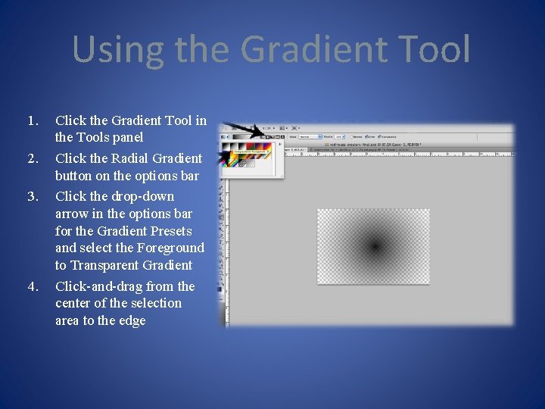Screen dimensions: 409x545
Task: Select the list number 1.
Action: tap(32, 120)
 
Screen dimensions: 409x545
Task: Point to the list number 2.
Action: tap(32, 158)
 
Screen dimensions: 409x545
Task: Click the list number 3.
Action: tap(32, 196)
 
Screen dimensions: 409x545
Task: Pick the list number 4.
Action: tap(32, 286)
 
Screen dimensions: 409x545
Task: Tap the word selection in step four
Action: tap(155, 303)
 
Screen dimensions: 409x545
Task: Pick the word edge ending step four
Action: tap(132, 320)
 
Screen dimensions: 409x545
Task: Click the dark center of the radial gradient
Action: tap(374, 245)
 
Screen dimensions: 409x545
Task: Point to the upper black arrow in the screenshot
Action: tap(243, 129)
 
